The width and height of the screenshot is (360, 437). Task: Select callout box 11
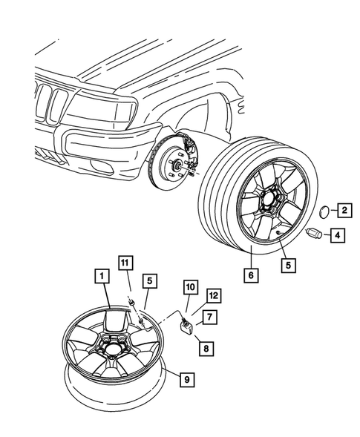tap(126, 261)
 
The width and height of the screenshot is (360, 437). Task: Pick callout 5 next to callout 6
tap(286, 263)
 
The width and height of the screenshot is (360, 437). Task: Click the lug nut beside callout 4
tap(313, 234)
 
